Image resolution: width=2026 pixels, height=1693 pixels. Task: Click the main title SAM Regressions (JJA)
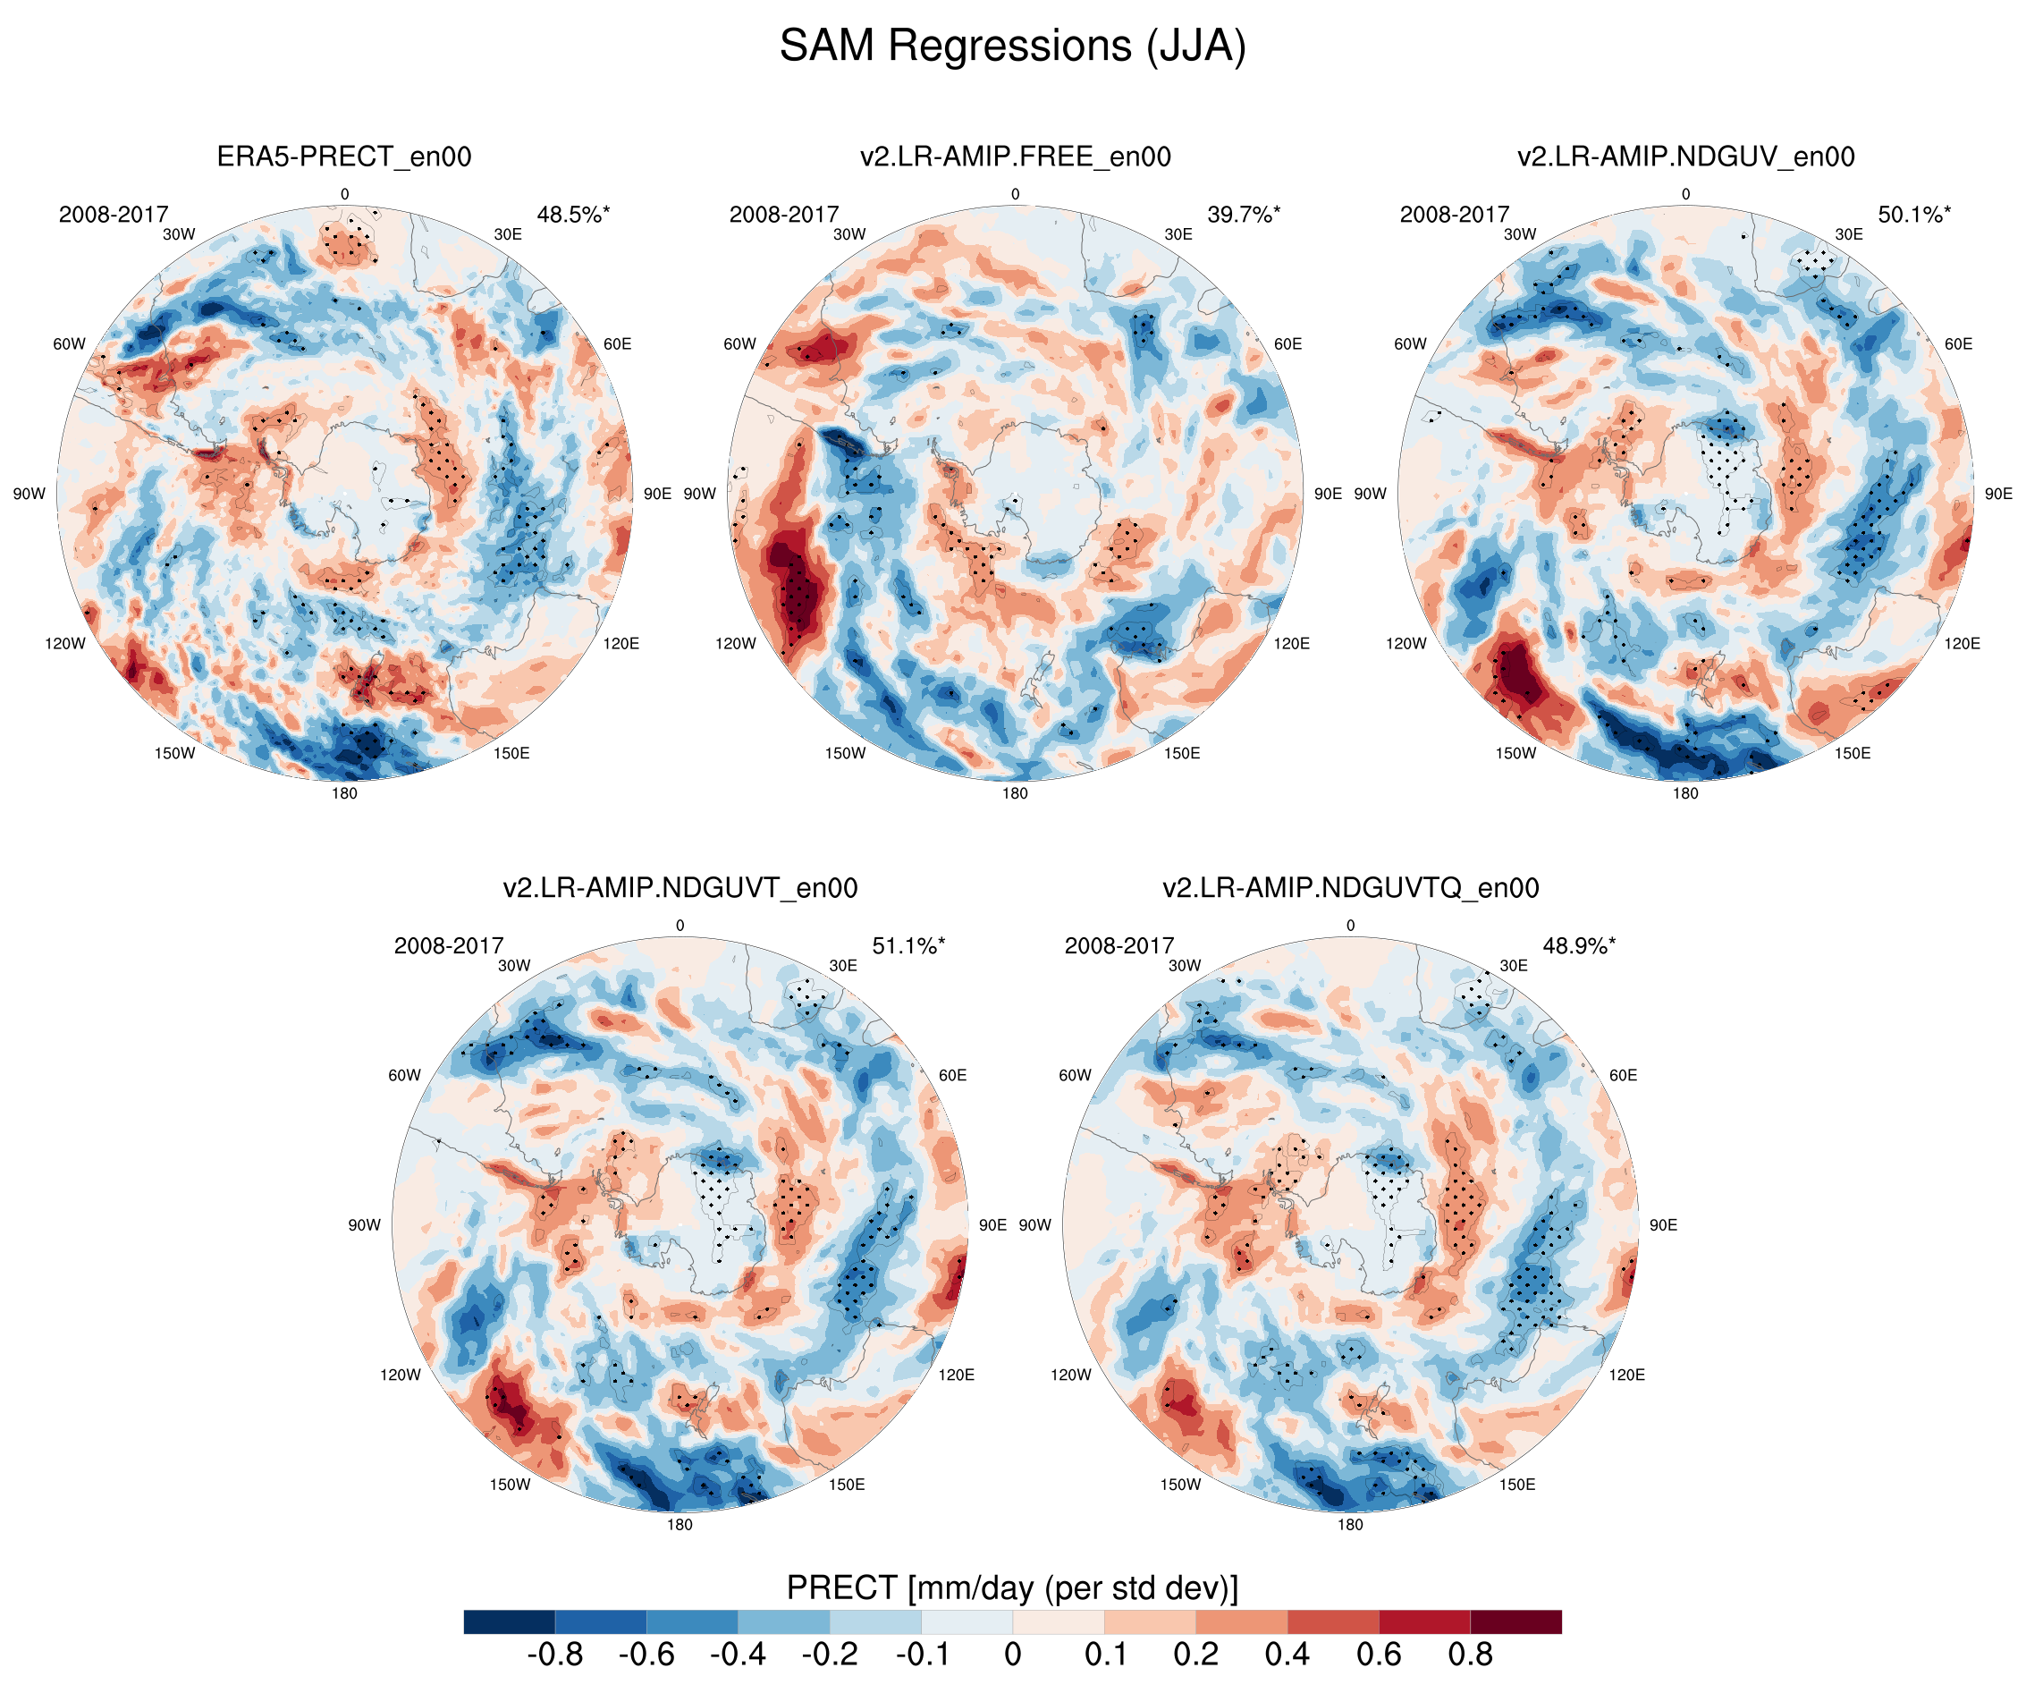(1012, 46)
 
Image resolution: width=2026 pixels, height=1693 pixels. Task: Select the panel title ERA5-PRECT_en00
(343, 157)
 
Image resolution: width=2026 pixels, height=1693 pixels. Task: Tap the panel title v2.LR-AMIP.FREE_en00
(1015, 157)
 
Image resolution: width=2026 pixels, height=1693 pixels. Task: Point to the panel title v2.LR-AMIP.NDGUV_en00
(1685, 157)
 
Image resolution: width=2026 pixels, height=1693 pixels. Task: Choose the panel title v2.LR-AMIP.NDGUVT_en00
(680, 887)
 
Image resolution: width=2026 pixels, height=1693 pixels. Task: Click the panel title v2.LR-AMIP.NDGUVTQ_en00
(1350, 887)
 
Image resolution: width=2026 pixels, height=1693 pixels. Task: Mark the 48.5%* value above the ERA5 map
(573, 215)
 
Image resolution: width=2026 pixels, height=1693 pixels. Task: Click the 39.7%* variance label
(1244, 215)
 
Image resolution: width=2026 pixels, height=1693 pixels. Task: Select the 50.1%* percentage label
(1914, 215)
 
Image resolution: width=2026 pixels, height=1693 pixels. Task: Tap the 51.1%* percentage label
(907, 946)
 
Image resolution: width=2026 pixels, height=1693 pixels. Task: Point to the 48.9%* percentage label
(1578, 946)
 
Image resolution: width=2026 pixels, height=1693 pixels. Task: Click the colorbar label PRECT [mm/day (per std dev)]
(1012, 1587)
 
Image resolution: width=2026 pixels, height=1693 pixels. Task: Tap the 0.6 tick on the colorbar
(1379, 1655)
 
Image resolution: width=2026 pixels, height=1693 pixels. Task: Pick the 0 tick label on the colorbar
(1012, 1655)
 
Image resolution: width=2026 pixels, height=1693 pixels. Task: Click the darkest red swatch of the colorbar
(1515, 1621)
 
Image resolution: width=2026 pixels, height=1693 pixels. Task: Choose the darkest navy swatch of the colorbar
(509, 1621)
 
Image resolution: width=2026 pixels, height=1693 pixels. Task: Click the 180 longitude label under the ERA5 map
(344, 793)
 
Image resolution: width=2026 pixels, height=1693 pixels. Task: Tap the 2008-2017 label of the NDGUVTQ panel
(1119, 946)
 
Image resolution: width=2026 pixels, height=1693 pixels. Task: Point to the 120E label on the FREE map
(1291, 644)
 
